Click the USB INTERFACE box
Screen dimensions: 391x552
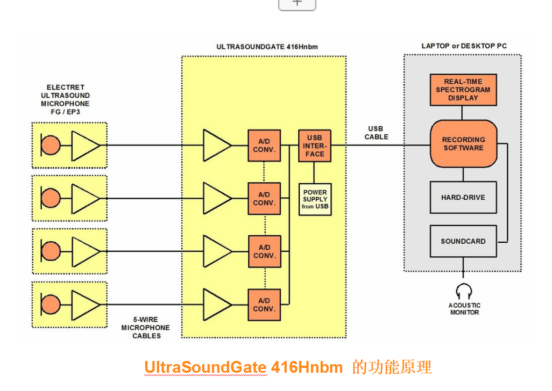coord(315,146)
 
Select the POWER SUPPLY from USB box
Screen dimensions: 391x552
coord(315,199)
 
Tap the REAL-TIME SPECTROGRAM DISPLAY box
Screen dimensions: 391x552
coord(463,90)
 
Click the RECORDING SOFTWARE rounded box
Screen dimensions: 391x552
coord(463,143)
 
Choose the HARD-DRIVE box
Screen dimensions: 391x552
coord(463,198)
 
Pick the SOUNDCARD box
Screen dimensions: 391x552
coord(463,241)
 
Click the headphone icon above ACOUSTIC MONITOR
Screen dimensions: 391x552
coord(464,292)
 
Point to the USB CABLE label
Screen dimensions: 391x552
coord(376,133)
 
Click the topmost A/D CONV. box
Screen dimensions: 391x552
coord(264,146)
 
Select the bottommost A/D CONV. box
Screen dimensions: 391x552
coord(264,305)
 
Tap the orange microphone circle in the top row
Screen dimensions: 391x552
coord(51,145)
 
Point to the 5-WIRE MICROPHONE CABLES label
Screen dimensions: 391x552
coord(145,328)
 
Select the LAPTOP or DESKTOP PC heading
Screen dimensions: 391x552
coord(464,46)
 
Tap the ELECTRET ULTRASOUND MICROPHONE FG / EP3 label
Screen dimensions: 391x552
coord(65,99)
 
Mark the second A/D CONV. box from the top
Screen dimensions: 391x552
coord(264,199)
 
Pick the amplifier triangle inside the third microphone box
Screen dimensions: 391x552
coord(84,251)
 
